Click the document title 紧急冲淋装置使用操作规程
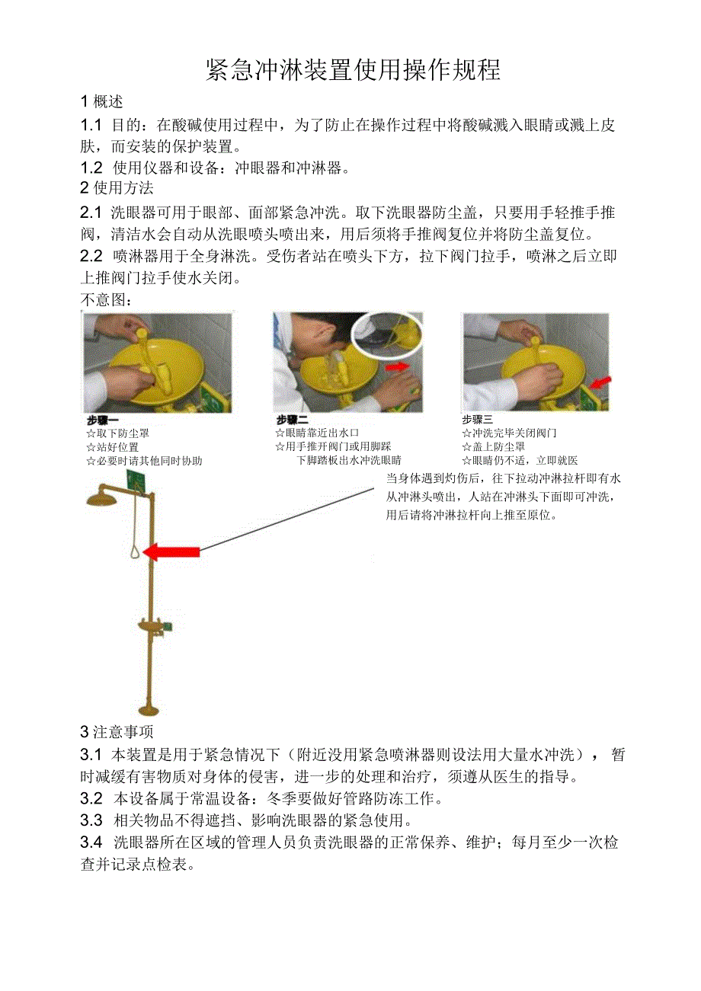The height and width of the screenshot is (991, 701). click(x=354, y=70)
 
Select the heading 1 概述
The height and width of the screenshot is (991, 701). click(x=102, y=101)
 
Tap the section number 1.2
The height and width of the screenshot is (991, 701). click(x=91, y=168)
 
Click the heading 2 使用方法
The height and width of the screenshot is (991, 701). click(x=117, y=187)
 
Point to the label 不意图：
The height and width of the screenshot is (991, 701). click(x=107, y=300)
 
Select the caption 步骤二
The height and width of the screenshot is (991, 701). click(x=292, y=420)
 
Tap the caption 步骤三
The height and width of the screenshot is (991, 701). click(x=477, y=420)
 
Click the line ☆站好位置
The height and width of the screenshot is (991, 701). click(x=112, y=447)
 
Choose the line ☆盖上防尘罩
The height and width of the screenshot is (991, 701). click(x=493, y=447)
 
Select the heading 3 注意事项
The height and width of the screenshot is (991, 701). click(x=117, y=733)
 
